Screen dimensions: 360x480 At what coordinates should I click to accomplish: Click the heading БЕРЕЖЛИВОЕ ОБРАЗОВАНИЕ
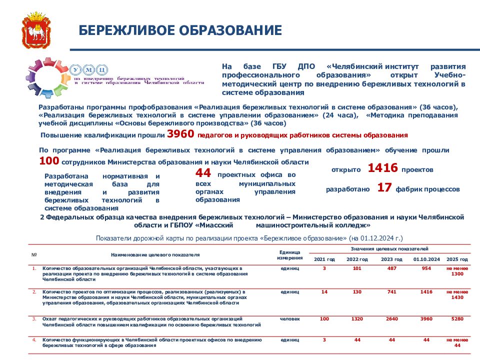[180, 31]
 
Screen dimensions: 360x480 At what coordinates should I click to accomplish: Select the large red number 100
[49, 161]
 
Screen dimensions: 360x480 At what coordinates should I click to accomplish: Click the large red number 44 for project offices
[203, 173]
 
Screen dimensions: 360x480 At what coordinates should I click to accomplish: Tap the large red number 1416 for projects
[382, 168]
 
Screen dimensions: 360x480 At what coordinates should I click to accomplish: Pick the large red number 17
[384, 188]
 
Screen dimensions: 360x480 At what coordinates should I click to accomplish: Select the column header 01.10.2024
[426, 259]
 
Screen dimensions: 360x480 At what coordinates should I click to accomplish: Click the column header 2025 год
[457, 259]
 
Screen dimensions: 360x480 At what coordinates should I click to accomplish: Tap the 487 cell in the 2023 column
[392, 268]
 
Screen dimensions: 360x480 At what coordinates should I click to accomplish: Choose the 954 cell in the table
[426, 268]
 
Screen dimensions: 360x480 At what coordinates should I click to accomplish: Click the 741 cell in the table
[392, 291]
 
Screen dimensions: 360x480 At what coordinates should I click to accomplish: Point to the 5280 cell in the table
[457, 318]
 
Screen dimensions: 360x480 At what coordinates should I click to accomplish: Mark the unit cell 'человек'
[290, 318]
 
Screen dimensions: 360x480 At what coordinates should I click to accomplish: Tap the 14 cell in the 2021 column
[324, 291]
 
